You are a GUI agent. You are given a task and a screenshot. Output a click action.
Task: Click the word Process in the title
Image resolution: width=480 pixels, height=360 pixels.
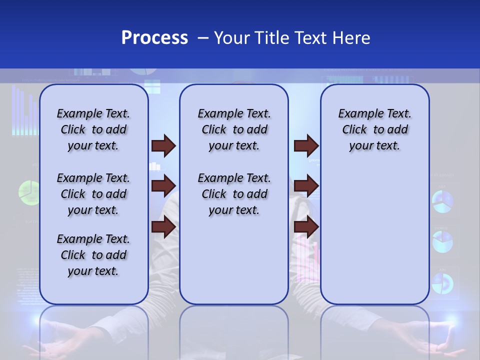154,37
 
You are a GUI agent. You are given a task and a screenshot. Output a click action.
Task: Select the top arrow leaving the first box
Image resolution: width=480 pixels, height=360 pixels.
163,146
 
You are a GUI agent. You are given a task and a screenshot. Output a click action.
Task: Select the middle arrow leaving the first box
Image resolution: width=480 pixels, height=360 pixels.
163,186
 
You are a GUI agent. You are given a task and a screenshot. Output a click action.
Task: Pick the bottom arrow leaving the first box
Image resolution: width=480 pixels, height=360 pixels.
163,227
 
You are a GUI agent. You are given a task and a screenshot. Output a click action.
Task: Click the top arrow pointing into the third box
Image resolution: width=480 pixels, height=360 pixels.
306,146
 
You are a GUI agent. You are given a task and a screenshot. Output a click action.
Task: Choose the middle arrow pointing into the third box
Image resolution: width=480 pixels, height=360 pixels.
306,186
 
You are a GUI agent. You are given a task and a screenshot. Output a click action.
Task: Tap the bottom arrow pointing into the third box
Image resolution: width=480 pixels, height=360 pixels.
306,227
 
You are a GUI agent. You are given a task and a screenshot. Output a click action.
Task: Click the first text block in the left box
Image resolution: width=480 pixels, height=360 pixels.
93,129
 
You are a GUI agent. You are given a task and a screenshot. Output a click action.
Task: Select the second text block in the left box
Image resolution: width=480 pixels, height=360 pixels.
93,194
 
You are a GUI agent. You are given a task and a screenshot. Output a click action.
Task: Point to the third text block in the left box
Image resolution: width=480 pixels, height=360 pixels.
93,255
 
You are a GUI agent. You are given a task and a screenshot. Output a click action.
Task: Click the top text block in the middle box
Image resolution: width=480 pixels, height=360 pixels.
234,129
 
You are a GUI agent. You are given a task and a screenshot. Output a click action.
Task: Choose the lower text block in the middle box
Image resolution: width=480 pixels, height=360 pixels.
234,194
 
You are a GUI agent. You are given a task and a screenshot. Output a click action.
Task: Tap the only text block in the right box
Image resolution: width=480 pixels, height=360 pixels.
374,129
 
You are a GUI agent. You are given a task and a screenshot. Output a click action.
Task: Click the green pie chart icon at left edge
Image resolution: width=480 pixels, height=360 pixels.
28,191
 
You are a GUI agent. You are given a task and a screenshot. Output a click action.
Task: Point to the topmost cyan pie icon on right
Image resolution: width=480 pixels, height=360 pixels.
442,201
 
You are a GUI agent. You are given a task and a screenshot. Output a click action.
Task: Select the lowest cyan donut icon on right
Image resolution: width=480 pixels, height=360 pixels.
442,283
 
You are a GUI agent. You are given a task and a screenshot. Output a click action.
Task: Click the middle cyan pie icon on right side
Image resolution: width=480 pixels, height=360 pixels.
442,242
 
